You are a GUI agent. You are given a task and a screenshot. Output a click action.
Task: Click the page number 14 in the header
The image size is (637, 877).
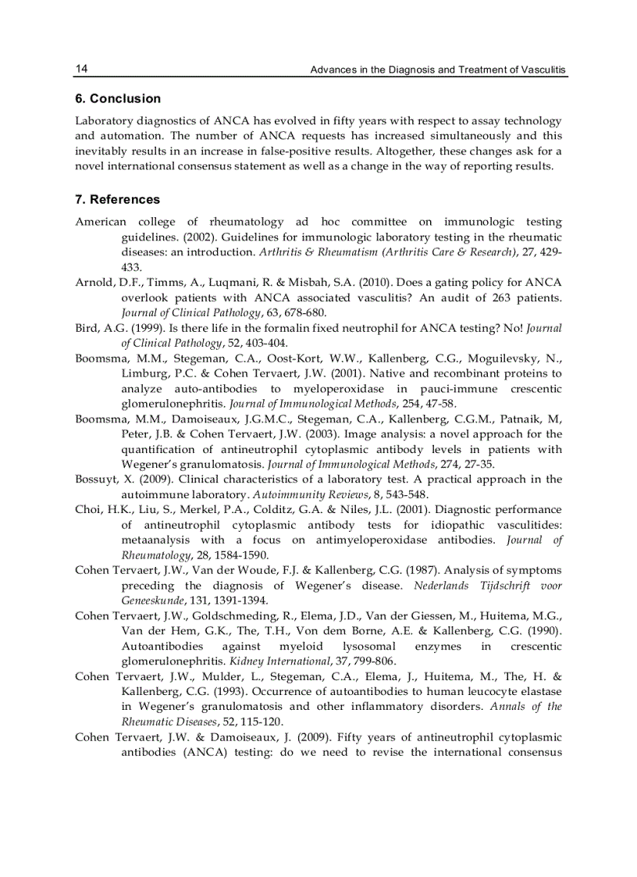pos(81,69)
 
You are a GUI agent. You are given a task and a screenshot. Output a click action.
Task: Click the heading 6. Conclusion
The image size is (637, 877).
pos(118,98)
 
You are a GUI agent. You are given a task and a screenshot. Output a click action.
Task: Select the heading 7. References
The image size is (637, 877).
pos(117,199)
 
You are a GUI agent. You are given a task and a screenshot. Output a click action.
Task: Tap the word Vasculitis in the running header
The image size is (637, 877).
pos(541,70)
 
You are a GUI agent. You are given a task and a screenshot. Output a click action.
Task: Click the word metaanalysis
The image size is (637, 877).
pos(156,540)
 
